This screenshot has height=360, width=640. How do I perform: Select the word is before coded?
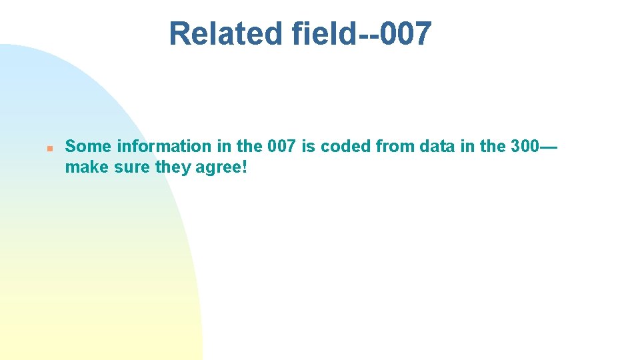click(x=308, y=146)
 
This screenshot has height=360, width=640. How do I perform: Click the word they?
click(x=173, y=167)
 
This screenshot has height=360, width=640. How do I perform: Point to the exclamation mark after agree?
click(x=245, y=167)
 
